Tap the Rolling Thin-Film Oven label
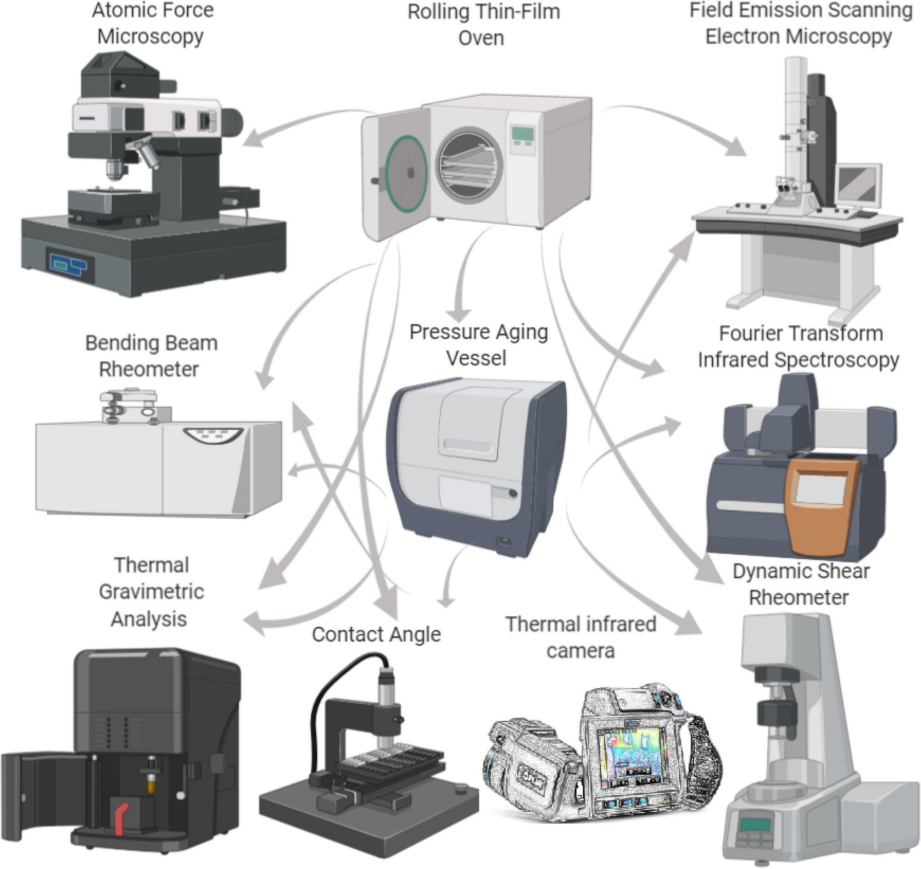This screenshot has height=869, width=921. click(483, 25)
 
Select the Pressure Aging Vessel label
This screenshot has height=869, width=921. click(478, 345)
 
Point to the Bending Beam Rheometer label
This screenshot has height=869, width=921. click(151, 356)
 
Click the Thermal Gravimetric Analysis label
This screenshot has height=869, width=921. click(151, 591)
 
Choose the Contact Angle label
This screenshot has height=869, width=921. click(376, 634)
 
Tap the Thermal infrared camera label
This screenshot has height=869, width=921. click(580, 637)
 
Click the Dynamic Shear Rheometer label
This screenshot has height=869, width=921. click(800, 584)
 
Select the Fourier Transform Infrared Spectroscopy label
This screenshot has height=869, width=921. click(798, 346)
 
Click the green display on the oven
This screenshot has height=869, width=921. click(522, 134)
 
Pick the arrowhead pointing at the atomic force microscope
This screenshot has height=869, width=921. click(253, 139)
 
